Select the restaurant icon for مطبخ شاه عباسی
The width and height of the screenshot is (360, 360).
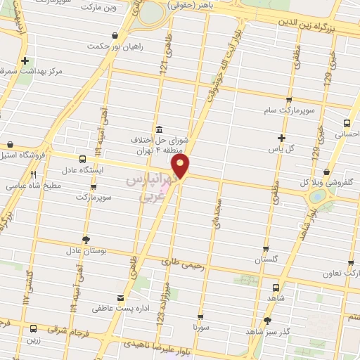pos(33,175)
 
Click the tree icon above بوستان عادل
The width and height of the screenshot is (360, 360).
pos(86,240)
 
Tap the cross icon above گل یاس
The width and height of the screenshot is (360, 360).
pos(282,138)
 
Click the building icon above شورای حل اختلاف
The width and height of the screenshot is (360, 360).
pos(159,129)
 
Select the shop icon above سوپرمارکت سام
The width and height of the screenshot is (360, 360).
pos(288,100)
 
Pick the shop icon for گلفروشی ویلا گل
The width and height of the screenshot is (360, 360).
pos(326,172)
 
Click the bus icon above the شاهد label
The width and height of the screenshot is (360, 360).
pos(276,287)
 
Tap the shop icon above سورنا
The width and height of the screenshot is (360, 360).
pos(200,316)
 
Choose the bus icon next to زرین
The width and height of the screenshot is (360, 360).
pos(33,328)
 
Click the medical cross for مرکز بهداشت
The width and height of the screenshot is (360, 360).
pos(26,61)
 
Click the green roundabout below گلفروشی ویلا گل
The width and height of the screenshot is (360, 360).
pos(316,198)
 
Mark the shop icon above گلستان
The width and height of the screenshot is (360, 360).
pos(266,248)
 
